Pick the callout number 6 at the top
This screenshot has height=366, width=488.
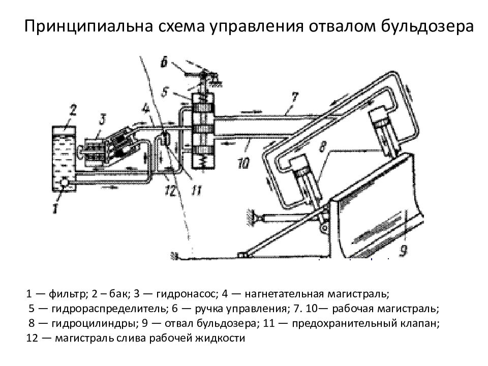[x=163, y=63]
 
